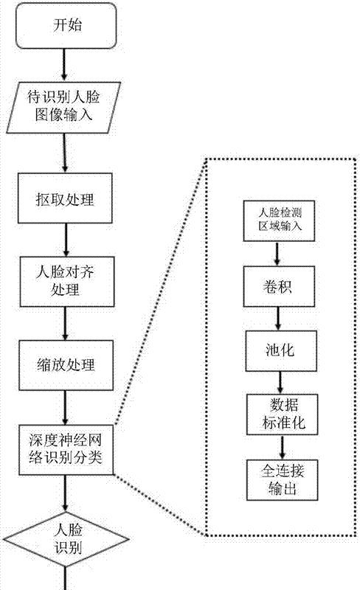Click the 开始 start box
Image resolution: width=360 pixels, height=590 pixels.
66,26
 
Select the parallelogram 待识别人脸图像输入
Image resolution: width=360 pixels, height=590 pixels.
63,108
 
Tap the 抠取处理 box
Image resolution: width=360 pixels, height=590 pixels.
65,198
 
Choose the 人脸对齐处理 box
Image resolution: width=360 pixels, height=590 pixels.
66,282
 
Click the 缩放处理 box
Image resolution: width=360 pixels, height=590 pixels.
66,365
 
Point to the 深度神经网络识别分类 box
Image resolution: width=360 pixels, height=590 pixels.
66,450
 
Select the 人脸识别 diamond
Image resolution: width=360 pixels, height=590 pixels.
66,539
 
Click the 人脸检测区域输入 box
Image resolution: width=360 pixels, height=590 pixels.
279,221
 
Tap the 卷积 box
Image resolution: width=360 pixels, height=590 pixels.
279,287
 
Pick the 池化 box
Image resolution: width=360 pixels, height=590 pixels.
281,351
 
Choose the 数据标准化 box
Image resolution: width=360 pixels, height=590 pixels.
283,414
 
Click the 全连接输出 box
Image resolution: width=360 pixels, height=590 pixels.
283,480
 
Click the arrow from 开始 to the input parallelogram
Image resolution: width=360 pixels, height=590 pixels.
64,65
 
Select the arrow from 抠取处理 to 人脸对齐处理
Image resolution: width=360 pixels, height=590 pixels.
66,240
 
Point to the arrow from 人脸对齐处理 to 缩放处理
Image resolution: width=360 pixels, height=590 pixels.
66,324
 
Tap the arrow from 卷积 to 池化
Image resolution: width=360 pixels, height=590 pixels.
278,319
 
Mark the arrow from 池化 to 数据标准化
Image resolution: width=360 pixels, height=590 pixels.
280,383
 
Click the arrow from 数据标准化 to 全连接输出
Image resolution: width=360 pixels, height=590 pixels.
283,448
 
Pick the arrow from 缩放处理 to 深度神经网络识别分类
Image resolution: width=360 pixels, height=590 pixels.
66,408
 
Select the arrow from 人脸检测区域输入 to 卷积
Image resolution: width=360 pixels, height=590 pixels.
277,254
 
